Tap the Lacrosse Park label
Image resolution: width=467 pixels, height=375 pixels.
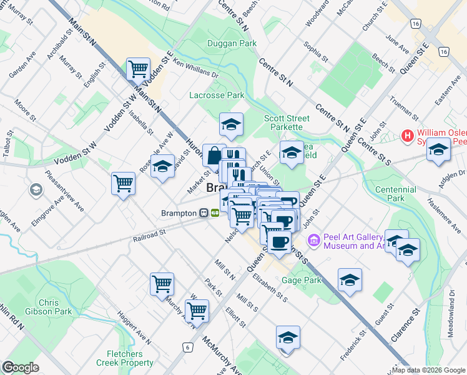click(x=217, y=95)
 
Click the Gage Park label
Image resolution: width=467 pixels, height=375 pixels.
click(x=302, y=280)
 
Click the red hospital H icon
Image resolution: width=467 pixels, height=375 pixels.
click(x=408, y=136)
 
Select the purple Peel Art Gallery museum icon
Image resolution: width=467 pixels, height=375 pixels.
click(x=313, y=240)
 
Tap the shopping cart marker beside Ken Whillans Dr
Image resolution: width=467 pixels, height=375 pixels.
click(x=137, y=69)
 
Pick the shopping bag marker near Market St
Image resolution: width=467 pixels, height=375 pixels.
click(x=214, y=156)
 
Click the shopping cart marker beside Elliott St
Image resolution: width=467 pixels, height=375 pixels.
click(x=197, y=309)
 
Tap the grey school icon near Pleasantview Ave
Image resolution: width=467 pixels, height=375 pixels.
click(x=36, y=189)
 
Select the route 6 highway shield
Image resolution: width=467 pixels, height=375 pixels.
click(x=186, y=347)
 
